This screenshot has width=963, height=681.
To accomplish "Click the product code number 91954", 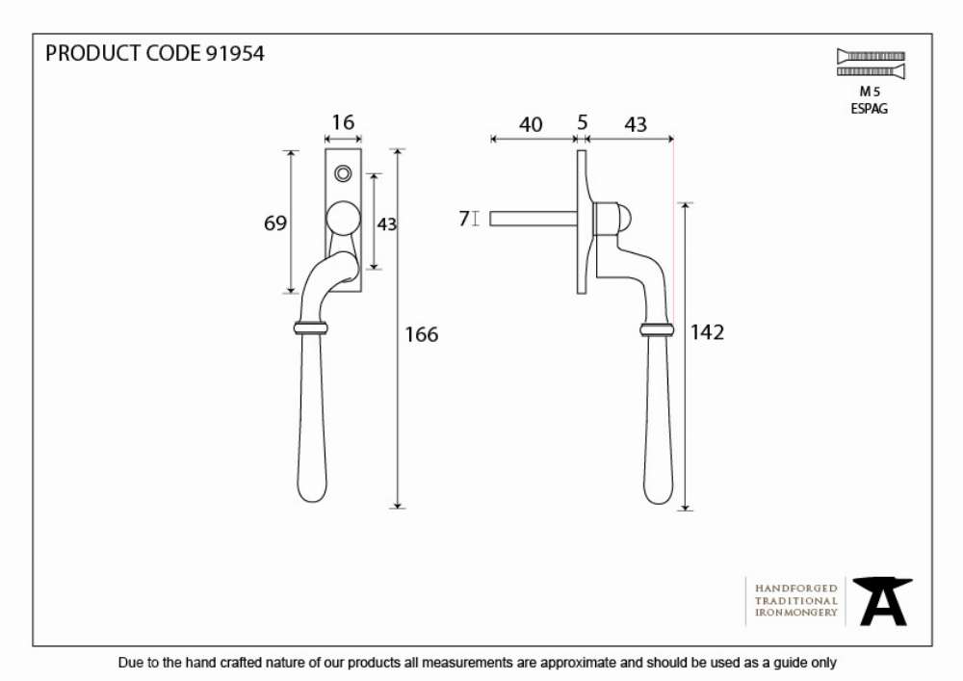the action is click(235, 53).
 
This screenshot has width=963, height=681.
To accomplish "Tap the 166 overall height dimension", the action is click(422, 334).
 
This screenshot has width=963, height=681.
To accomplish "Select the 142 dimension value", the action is click(707, 332).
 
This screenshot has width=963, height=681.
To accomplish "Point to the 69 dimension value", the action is click(275, 223).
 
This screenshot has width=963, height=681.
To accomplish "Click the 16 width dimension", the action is click(343, 122).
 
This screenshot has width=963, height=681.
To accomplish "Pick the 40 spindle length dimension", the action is click(531, 124).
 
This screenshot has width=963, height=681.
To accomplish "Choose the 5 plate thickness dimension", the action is click(583, 122).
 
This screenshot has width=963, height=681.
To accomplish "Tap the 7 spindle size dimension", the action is click(464, 219).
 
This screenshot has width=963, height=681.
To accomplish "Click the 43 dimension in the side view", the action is click(636, 124).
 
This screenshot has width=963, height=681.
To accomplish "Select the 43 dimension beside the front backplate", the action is click(387, 224).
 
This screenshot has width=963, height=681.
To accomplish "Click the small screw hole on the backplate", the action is click(344, 173).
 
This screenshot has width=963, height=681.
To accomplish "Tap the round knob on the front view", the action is click(343, 219).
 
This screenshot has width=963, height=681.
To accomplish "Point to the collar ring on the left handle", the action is click(311, 327).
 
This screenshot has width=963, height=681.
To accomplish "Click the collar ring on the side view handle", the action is click(657, 330).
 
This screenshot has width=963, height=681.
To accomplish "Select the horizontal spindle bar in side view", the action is click(534, 219).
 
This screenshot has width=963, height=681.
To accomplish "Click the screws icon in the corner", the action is click(871, 64).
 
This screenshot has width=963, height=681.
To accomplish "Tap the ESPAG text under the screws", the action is click(869, 109).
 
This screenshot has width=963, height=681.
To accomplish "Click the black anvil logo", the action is click(882, 601).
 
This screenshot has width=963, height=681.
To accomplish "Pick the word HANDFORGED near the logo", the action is click(796, 589).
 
